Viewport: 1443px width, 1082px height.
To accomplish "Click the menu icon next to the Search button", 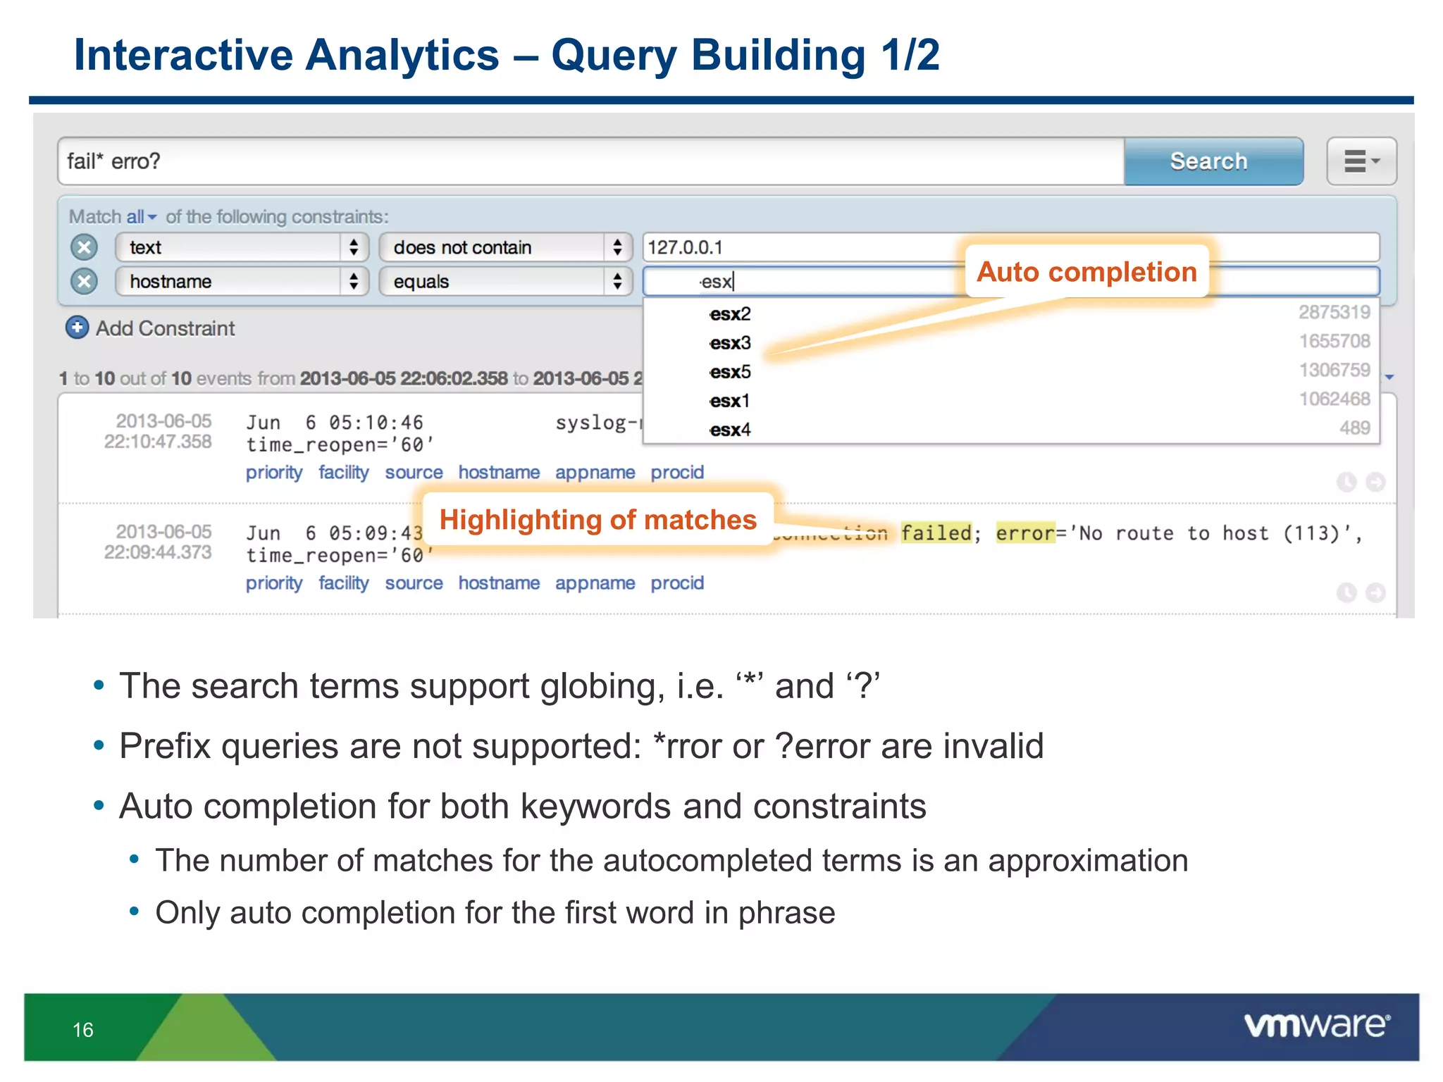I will pos(1361,161).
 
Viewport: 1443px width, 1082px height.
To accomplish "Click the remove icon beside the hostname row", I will pos(84,282).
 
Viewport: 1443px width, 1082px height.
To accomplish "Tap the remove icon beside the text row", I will pos(84,247).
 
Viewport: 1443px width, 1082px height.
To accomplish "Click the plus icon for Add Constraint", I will pos(77,328).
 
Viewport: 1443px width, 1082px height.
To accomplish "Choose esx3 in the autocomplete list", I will pos(730,343).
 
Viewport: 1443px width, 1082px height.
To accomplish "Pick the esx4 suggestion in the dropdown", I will pos(730,430).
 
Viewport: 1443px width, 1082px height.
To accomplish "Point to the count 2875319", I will pos(1334,312).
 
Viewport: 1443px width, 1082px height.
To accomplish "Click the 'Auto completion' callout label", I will pos(1086,272).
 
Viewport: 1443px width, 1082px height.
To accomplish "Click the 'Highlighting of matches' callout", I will pos(597,520).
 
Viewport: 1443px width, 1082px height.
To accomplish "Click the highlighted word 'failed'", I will pos(936,533).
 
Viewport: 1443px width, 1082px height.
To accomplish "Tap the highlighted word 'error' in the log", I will pos(1024,533).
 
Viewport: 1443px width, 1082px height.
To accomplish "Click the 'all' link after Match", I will pos(135,217).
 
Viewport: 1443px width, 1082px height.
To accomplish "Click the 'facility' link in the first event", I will pos(343,472).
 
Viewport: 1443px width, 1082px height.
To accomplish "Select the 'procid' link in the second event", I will pos(676,583).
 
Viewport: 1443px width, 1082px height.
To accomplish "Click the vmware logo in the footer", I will pos(1316,1026).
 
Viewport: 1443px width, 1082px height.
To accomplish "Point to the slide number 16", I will pos(83,1030).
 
